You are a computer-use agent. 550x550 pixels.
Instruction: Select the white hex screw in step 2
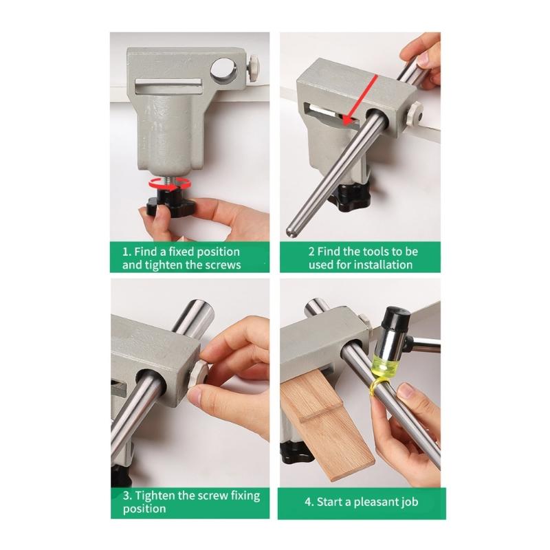[x=413, y=113]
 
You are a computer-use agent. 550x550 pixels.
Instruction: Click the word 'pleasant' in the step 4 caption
[x=377, y=502]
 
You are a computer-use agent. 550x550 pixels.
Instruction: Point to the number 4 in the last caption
[x=309, y=502]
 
